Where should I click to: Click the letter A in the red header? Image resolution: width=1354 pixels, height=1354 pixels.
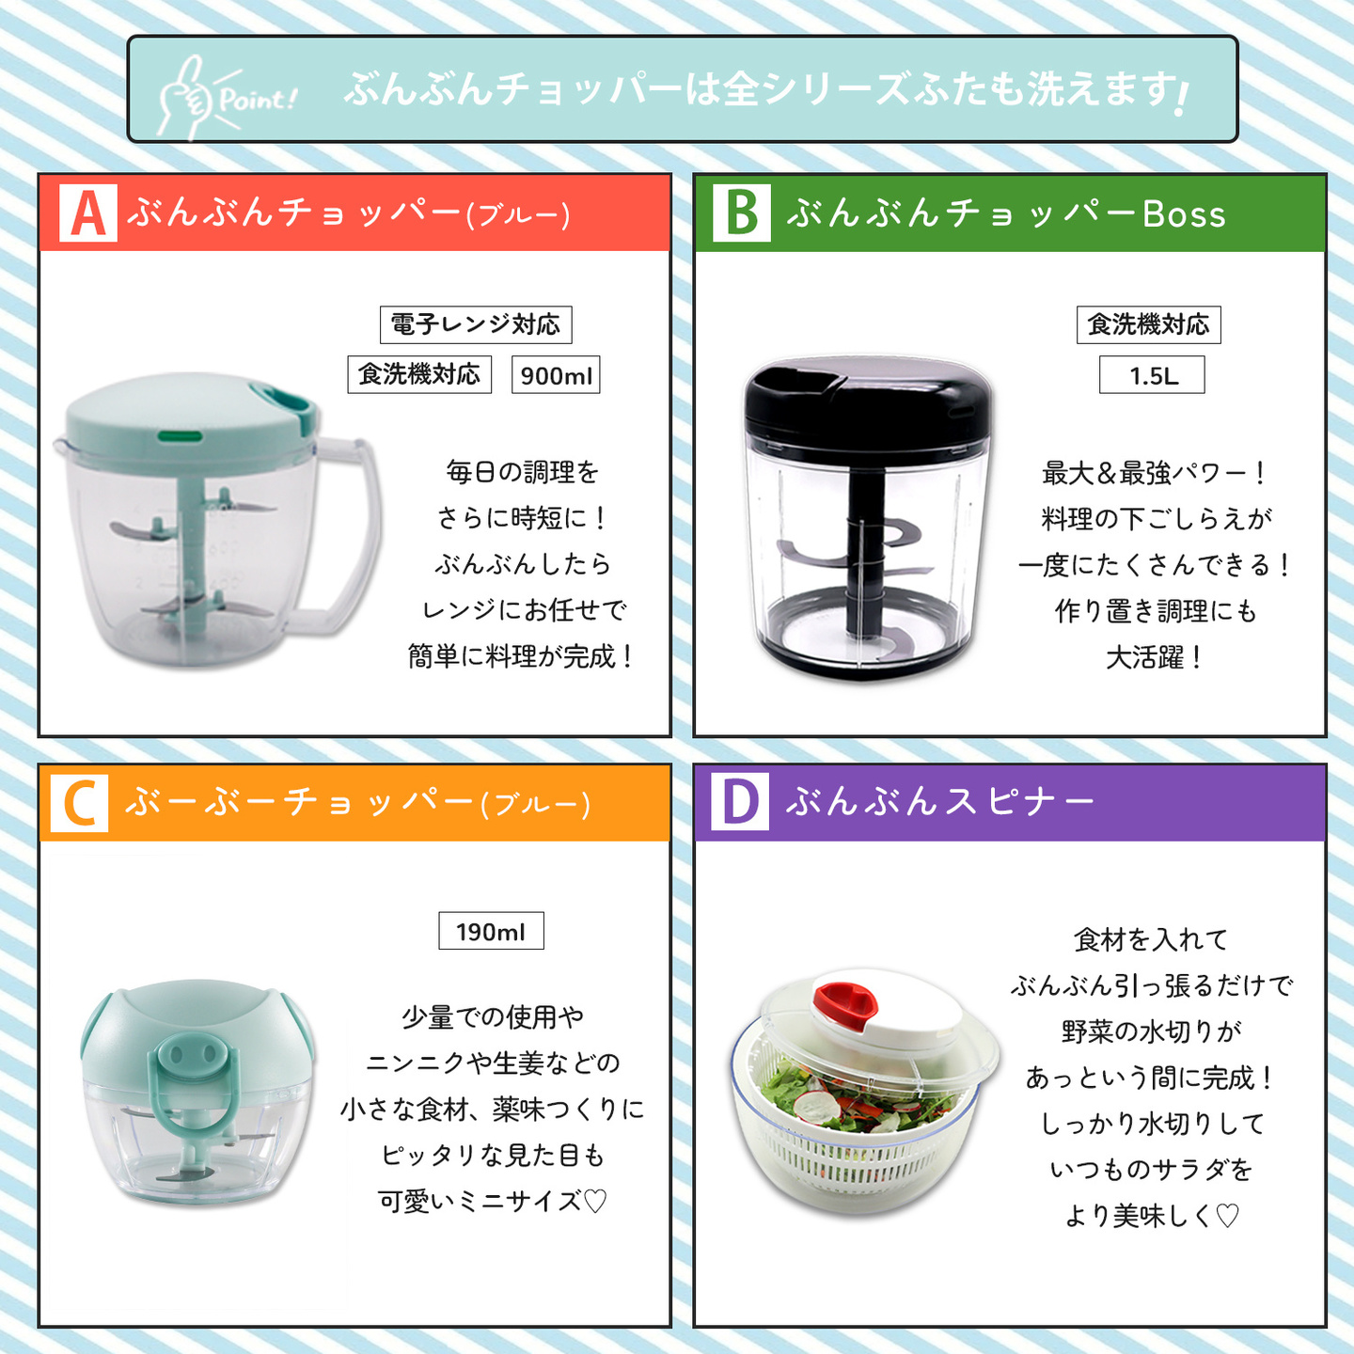(87, 213)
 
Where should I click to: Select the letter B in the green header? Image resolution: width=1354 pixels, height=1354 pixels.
(742, 213)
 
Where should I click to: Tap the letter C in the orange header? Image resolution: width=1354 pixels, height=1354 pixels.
(79, 804)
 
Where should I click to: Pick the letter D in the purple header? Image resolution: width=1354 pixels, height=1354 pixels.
(741, 802)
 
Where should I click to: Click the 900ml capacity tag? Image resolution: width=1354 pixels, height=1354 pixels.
(556, 375)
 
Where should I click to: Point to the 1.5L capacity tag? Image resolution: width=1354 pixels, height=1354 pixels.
(1152, 375)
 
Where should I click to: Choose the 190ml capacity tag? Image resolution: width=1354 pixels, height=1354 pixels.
(491, 931)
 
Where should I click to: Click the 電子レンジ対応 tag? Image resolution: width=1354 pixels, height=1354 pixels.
(476, 324)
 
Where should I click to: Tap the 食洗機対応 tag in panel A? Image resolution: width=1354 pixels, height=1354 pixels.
(419, 374)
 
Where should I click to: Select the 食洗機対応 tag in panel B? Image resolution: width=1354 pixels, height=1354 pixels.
(1149, 324)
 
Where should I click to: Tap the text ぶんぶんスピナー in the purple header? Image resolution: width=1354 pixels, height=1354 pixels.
(940, 802)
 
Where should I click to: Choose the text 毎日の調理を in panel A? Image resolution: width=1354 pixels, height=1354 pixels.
(523, 472)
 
